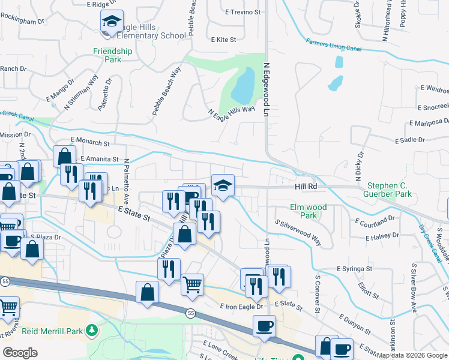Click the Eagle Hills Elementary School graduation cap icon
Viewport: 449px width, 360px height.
click(111, 22)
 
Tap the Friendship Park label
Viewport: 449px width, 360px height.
click(112, 56)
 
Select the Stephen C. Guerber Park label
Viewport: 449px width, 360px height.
click(390, 190)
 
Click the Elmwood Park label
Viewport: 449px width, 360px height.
click(308, 211)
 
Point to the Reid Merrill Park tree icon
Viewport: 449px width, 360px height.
click(91, 331)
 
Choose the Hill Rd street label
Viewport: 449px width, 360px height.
click(305, 187)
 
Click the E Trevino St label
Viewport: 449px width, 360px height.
click(243, 11)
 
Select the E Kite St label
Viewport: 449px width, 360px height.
click(224, 40)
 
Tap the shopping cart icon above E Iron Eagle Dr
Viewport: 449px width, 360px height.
click(192, 284)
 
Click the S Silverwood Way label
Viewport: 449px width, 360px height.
click(298, 233)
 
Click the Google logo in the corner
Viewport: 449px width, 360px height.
click(20, 353)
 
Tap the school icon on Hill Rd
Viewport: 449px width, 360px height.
click(222, 185)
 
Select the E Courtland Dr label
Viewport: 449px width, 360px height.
click(375, 221)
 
